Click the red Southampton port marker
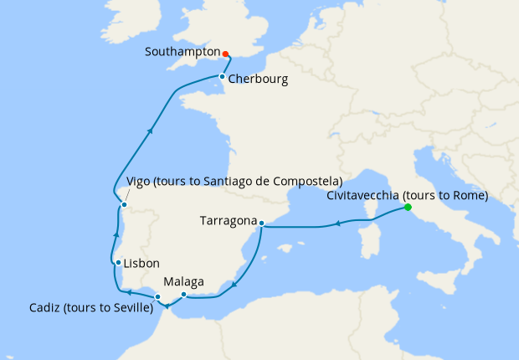tap(226, 54)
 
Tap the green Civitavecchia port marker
tap(408, 207)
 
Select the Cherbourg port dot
tap(221, 77)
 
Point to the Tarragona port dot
tap(261, 224)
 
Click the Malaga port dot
tap(184, 294)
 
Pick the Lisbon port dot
tap(119, 262)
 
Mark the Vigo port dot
tap(123, 205)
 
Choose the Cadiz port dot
tap(157, 297)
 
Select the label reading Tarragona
tap(228, 222)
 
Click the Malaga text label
tap(184, 281)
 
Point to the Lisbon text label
tap(141, 262)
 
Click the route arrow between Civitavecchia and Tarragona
tap(337, 224)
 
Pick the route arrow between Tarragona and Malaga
tap(234, 283)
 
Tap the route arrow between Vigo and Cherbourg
tap(150, 131)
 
